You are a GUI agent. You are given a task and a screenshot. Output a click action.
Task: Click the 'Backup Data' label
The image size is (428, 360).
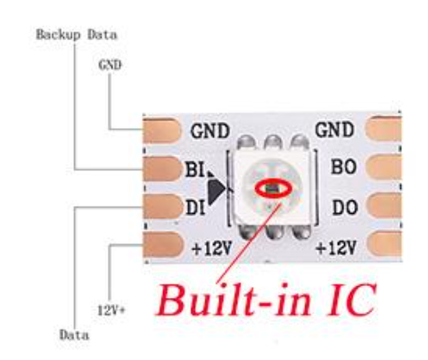tap(76, 36)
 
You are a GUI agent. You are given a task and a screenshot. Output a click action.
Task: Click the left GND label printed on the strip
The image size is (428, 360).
tap(210, 129)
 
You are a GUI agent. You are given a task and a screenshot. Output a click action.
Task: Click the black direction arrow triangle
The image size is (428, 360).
tap(216, 188)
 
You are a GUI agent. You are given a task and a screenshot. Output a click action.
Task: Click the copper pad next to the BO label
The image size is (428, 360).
tap(386, 168)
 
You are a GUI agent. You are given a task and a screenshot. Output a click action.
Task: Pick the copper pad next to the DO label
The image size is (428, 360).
tap(386, 208)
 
